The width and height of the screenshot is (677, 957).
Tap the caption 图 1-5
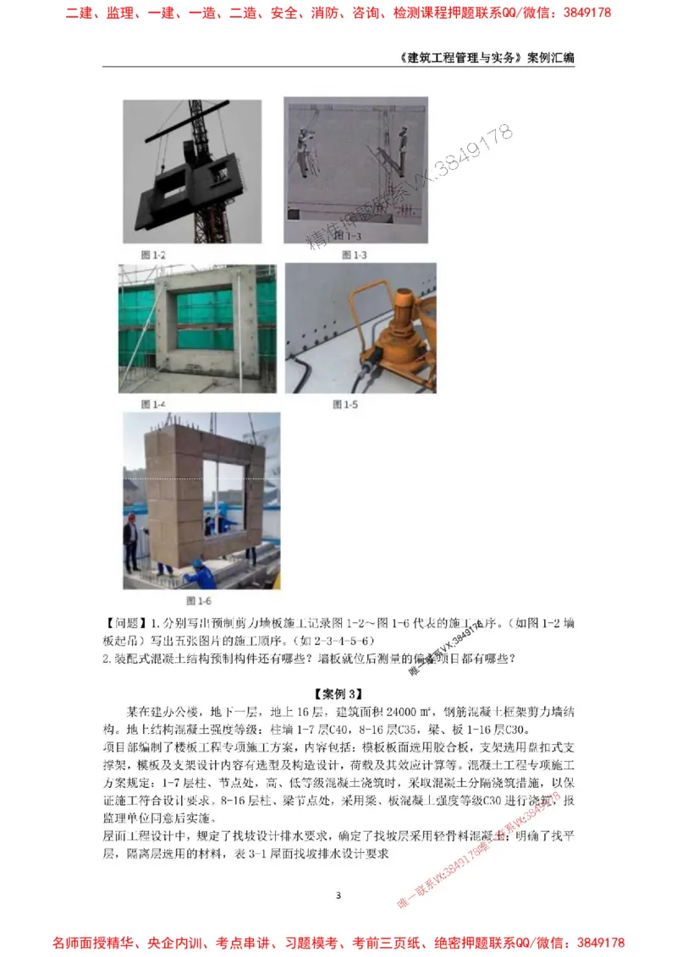point(345,405)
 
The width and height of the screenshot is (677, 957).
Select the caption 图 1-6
point(199,601)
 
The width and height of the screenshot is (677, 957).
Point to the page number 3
point(338,895)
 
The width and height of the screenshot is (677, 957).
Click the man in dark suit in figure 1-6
point(131,541)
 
